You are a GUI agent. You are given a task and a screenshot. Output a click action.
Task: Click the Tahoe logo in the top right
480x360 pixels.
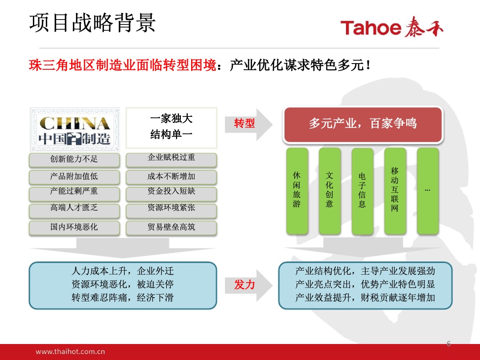[x=392, y=28]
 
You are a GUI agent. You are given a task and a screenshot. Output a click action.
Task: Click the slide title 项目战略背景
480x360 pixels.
[x=92, y=23]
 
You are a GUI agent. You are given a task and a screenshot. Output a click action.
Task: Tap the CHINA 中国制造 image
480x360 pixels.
[x=75, y=128]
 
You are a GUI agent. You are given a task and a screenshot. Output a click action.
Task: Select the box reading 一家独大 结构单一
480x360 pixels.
[x=171, y=127]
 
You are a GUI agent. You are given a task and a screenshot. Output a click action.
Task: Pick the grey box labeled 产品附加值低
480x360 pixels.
[x=74, y=177]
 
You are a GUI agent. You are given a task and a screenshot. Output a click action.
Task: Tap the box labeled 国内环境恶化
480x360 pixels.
[x=74, y=227]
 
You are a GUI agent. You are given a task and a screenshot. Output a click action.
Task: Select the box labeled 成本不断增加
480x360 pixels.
[x=171, y=177]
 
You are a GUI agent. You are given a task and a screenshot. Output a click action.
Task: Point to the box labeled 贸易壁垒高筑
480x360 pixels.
[x=171, y=227]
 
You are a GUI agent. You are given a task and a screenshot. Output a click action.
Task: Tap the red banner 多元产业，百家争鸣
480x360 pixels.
[x=363, y=124]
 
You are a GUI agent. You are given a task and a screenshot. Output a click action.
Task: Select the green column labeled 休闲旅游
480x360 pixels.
[x=297, y=191]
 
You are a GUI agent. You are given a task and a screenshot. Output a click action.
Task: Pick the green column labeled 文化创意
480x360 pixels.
[x=329, y=191]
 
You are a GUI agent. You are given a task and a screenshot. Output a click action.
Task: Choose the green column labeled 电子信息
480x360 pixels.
[x=362, y=191]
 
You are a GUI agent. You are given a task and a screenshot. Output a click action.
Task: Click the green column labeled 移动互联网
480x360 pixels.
[x=395, y=191]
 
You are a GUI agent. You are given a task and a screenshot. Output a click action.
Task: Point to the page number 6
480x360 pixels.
[x=448, y=344]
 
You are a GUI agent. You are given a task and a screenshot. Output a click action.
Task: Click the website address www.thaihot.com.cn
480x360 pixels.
[x=70, y=352]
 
